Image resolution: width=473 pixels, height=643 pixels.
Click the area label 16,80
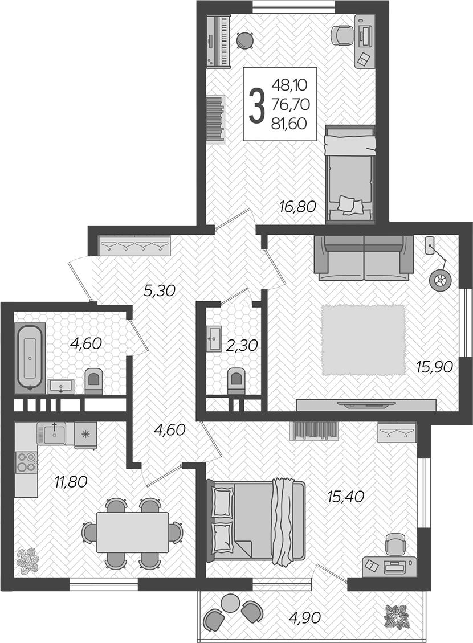click(297, 206)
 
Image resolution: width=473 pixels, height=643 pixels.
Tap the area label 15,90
click(434, 366)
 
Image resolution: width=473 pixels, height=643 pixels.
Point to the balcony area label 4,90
click(304, 617)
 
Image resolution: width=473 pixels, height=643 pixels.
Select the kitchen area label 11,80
click(71, 481)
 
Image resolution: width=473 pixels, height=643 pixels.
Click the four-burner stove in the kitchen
click(26, 461)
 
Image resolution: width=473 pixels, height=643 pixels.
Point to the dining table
click(133, 533)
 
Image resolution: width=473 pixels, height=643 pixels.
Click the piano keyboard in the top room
click(218, 40)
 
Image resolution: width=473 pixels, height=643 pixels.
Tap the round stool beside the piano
click(245, 40)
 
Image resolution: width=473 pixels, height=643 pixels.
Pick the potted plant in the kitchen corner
click(27, 560)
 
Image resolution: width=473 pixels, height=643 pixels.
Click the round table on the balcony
click(230, 603)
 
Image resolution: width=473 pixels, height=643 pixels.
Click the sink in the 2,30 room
click(214, 339)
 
